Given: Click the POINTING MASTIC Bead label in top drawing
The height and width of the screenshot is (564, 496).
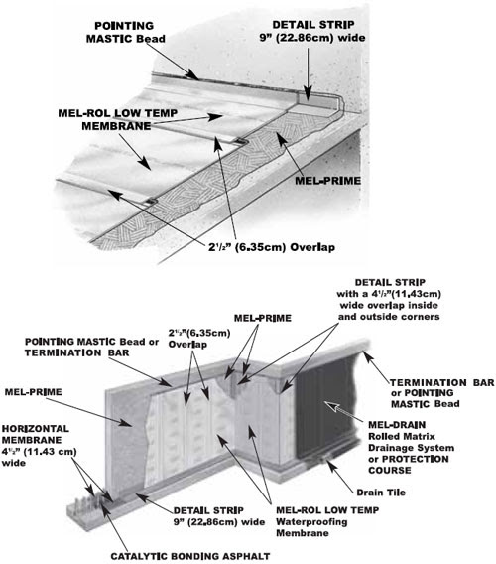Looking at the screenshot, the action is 125,32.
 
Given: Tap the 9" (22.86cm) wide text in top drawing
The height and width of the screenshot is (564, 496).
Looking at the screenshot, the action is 312,38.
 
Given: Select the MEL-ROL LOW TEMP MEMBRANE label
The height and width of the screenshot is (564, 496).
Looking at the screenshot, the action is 117,119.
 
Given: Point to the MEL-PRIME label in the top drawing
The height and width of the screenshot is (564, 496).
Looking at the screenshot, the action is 327,180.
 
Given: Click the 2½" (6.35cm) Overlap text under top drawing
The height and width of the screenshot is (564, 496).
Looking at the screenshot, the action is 272,247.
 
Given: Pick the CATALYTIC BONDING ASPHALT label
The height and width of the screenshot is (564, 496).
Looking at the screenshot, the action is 190,556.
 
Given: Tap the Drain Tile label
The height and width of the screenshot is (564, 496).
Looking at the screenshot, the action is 381,493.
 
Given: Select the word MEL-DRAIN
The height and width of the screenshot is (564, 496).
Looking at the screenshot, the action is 397,425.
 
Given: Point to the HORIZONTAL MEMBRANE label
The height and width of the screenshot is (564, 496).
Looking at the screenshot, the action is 36,435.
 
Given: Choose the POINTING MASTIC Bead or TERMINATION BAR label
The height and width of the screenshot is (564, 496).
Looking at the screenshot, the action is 91,348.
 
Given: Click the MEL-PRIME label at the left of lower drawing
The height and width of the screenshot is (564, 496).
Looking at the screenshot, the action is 33,392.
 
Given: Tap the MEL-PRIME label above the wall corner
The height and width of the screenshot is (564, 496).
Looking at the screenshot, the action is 263,318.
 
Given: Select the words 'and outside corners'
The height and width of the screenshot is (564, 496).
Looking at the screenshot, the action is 389,317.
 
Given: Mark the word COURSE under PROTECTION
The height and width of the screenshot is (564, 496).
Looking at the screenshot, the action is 390,470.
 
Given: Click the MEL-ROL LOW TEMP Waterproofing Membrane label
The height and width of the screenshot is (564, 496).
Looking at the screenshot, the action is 327,521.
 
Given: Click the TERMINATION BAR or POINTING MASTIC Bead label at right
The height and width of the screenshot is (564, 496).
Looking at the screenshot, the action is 442,393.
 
